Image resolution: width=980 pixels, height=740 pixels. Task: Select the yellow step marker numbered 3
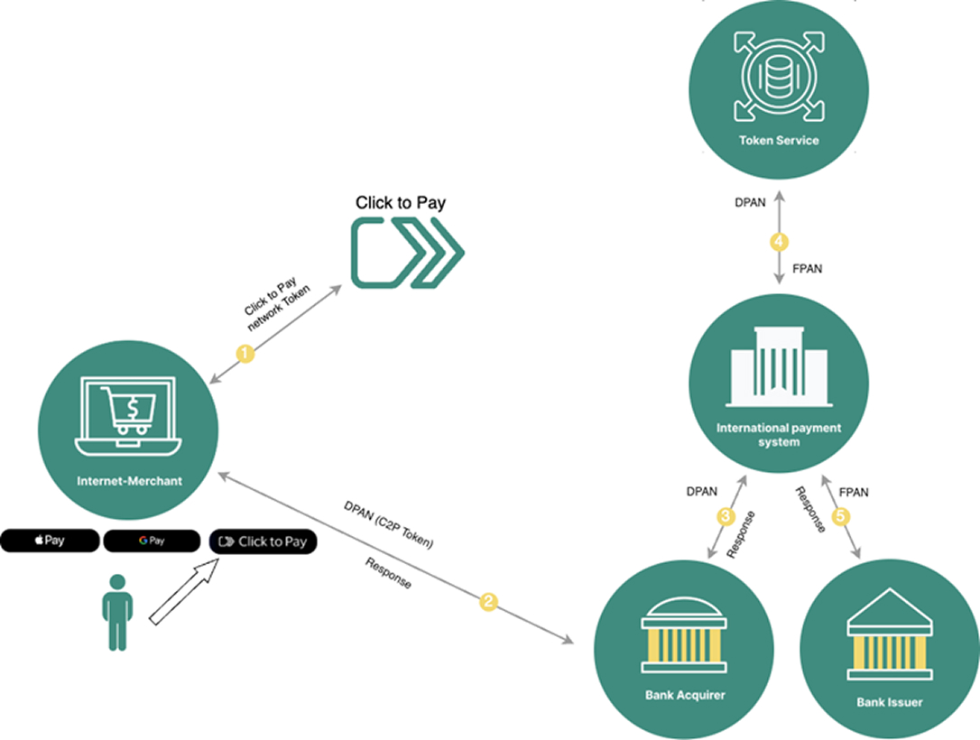pos(725,516)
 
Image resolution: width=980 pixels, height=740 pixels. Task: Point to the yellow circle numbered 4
pos(779,242)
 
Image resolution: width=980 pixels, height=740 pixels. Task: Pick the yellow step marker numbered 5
pos(841,516)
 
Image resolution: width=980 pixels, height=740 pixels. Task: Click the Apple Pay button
pos(50,541)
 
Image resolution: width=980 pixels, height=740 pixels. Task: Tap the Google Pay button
pos(153,541)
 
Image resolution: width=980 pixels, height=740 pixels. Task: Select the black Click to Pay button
pos(263,541)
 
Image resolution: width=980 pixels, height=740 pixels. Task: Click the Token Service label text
pos(779,141)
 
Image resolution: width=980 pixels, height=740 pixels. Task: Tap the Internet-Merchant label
pos(129,481)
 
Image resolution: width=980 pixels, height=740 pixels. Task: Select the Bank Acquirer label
pos(685,695)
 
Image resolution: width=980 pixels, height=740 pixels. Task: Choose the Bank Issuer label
pos(890,701)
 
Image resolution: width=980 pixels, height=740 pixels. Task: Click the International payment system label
pos(778,435)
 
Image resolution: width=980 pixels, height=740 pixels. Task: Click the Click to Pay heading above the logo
pos(401,203)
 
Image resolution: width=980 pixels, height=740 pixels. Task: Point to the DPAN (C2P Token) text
pos(389,524)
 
